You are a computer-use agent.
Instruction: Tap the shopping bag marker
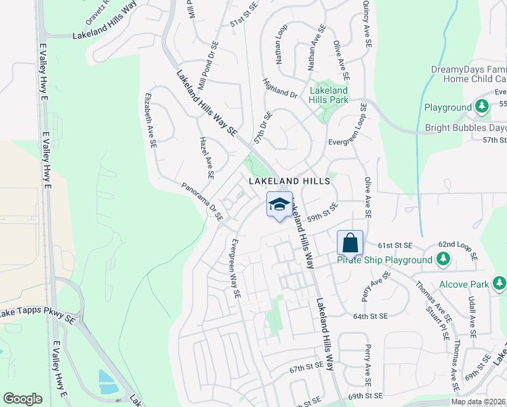pos(350,242)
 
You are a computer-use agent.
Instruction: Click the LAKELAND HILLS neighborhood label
pos(289,181)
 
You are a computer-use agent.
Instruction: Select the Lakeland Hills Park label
pos(329,95)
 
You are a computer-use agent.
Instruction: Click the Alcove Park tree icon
pos(500,283)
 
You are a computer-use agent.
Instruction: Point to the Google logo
pos(22,399)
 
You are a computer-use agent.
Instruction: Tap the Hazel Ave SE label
pos(207,156)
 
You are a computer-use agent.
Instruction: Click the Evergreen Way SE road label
pos(235,269)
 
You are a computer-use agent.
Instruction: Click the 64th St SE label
pos(370,316)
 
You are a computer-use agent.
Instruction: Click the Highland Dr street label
pos(280,88)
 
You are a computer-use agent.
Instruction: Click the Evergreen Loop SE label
pos(348,134)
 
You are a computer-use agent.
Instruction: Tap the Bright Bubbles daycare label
pos(466,128)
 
